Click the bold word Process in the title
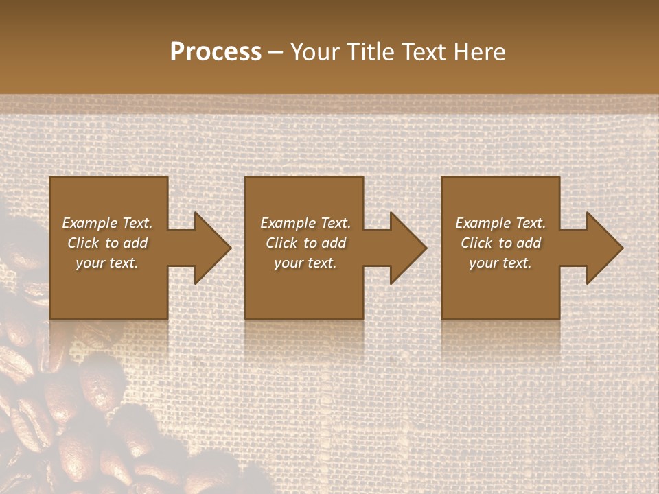pyautogui.click(x=216, y=52)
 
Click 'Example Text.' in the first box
pyautogui.click(x=107, y=223)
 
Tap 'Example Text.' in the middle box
pyautogui.click(x=305, y=223)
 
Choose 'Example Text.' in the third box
pyautogui.click(x=500, y=223)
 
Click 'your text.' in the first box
pyautogui.click(x=107, y=263)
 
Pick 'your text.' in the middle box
pyautogui.click(x=305, y=263)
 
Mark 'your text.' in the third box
pyautogui.click(x=500, y=263)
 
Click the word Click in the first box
pyautogui.click(x=83, y=243)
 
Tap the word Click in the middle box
pyautogui.click(x=281, y=243)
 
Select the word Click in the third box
pyautogui.click(x=476, y=243)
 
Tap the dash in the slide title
pyautogui.click(x=275, y=53)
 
